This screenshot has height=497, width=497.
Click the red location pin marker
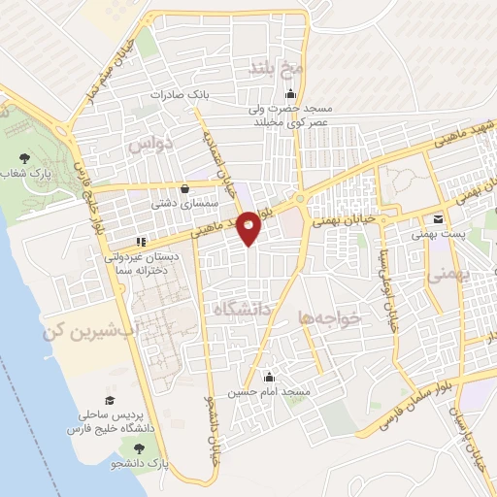(249, 226)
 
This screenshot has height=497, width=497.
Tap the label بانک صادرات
(181, 95)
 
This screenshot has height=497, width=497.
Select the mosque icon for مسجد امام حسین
(270, 378)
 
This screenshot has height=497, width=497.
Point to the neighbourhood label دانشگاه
(245, 309)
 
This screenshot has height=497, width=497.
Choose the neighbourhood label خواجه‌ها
(330, 316)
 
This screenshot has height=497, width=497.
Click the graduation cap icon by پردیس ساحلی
(111, 401)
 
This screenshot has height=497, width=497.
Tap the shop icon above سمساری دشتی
(184, 190)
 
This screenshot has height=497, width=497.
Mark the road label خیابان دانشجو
(210, 427)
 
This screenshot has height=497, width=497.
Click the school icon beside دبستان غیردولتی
(141, 241)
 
